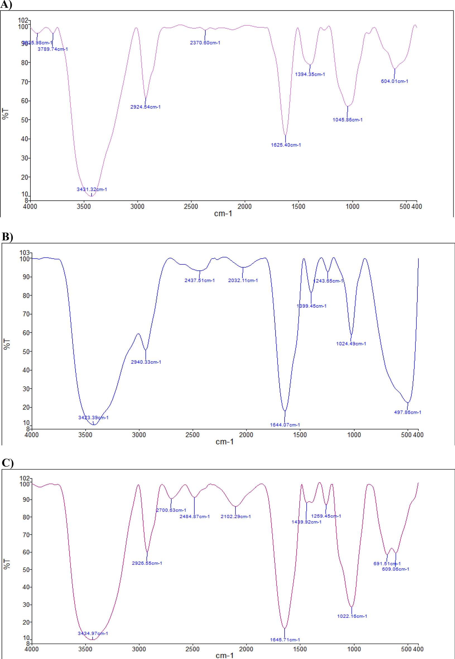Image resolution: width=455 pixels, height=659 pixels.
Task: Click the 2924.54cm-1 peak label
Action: coord(145,107)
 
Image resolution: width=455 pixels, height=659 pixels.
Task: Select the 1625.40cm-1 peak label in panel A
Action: coord(286,145)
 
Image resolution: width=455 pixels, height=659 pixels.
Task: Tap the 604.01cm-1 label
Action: coord(394,81)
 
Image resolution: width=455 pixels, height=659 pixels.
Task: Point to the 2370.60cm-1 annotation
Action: coord(205,43)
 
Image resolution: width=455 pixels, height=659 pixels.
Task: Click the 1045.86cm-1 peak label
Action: coord(347,120)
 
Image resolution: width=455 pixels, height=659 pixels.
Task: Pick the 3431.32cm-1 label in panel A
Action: coord(92,189)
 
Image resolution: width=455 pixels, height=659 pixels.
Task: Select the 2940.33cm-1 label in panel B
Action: coord(146,362)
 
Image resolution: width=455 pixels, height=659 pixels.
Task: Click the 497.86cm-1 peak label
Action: coord(407,412)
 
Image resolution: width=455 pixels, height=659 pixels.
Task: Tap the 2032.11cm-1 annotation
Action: coord(243,280)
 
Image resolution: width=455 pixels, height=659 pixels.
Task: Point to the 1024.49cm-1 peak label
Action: coord(351,344)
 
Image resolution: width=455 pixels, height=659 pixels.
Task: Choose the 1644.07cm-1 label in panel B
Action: coord(285,425)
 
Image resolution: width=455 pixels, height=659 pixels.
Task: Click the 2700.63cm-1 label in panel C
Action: coord(171,510)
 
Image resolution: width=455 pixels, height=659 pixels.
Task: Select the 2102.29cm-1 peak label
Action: coord(235,516)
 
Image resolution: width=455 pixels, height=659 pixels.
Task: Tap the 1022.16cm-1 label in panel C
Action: coord(352,616)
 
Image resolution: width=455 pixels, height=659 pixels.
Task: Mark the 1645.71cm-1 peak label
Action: coord(285,640)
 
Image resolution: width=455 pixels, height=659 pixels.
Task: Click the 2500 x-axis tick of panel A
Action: coord(191,206)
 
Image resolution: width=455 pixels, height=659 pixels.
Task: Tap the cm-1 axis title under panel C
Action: coord(224,655)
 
